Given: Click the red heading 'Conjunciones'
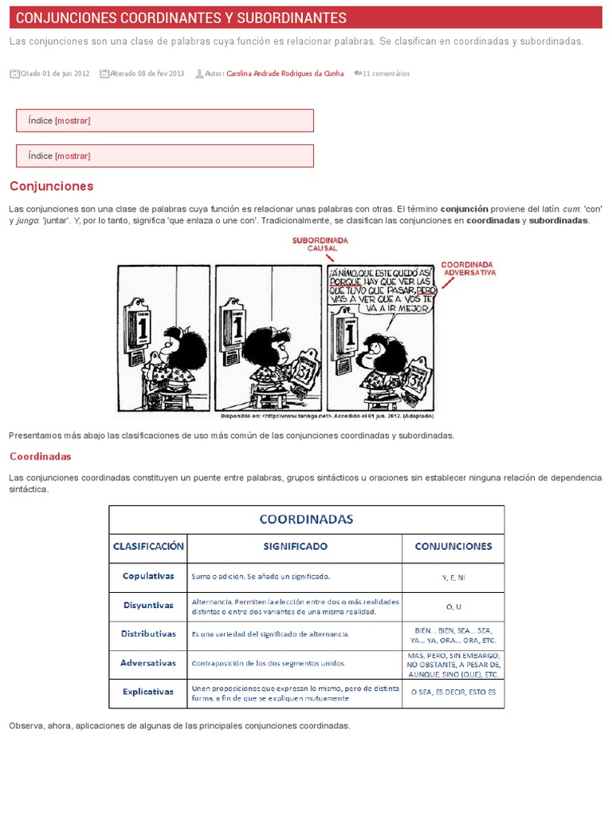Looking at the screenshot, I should tap(51, 186).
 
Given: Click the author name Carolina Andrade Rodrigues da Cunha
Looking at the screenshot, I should tap(285, 73).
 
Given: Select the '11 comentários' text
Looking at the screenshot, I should tap(386, 73).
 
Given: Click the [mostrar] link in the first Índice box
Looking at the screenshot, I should tap(73, 120).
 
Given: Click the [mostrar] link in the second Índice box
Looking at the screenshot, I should tap(73, 156).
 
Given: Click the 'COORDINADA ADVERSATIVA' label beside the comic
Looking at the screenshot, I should tap(468, 267).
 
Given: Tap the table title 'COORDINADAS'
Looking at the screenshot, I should tap(306, 519).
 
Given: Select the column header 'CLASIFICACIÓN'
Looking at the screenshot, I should tap(148, 547).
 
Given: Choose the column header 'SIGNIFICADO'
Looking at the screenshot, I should tap(295, 547).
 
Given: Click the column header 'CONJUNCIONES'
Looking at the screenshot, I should tap(453, 547).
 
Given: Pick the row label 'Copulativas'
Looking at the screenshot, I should tap(148, 575).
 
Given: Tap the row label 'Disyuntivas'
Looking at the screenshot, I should tap(148, 605).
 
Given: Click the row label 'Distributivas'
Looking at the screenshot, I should tap(148, 633).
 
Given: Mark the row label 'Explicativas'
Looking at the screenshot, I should tap(148, 692).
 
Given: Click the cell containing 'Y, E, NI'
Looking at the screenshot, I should tap(453, 577).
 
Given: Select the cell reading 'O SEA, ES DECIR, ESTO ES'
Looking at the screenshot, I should tap(453, 693).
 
